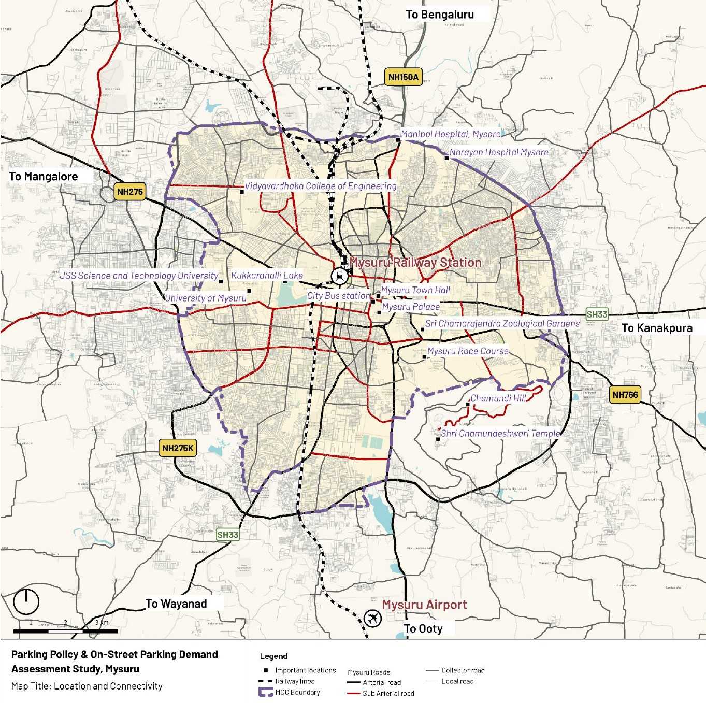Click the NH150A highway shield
[403, 78]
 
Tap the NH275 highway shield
[129, 192]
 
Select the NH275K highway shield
[178, 448]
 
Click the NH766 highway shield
[625, 395]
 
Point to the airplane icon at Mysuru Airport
[372, 618]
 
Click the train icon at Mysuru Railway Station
[340, 276]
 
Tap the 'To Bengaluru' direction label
[440, 15]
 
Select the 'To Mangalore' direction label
[44, 176]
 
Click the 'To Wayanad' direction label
[176, 604]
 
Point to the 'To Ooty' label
[423, 628]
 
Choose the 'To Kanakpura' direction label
[657, 327]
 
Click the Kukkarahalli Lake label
[267, 275]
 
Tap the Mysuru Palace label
[411, 307]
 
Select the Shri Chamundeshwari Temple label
[500, 433]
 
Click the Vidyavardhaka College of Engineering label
[321, 185]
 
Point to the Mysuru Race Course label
[468, 351]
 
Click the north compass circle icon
[26, 601]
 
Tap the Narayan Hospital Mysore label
[499, 152]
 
